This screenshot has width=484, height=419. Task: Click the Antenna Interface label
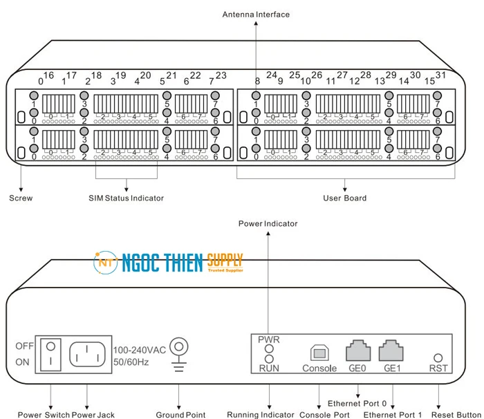click(256, 15)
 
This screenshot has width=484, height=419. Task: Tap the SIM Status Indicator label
click(126, 198)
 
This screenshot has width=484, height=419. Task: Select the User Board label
click(344, 198)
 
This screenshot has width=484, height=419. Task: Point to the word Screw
click(21, 198)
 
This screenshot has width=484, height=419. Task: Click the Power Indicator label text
click(268, 223)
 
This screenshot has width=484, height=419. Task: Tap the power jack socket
click(89, 353)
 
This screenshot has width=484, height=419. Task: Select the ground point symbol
click(179, 347)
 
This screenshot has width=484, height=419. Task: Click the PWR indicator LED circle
click(269, 349)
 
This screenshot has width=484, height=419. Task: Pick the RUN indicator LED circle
click(269, 359)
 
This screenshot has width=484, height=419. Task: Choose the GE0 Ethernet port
click(357, 352)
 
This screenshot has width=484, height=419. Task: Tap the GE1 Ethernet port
click(392, 352)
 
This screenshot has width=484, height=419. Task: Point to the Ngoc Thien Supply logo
click(169, 263)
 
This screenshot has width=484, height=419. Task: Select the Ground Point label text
click(180, 415)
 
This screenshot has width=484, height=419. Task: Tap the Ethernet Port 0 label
click(357, 403)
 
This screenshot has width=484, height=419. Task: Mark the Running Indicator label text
click(261, 415)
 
